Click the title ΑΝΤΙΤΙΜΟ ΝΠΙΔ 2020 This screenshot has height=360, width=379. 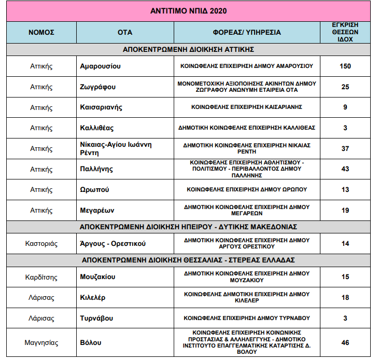point(188,10)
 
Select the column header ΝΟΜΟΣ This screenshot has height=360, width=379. point(41,32)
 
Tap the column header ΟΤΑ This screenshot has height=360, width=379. point(125,32)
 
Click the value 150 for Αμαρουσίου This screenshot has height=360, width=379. point(345,66)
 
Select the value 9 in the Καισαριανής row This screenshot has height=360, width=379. point(345,107)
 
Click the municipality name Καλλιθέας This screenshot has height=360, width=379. point(97,128)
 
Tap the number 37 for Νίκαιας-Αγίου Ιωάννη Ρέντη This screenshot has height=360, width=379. point(345,148)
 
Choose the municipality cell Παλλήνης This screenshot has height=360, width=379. point(96,169)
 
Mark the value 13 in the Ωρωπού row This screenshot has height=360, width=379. point(345,190)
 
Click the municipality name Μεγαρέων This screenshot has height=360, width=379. point(97,211)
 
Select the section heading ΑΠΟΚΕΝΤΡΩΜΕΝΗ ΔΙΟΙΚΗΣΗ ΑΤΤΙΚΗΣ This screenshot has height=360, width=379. point(188,50)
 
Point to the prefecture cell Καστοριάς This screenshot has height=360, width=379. point(41,243)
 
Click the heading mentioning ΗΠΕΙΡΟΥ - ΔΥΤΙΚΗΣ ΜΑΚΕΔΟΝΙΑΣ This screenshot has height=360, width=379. point(188,227)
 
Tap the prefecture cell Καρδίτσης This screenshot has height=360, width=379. point(41,276)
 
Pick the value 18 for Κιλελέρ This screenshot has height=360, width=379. point(345,297)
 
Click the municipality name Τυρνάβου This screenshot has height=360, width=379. point(97,318)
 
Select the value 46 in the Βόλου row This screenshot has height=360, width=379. point(345,343)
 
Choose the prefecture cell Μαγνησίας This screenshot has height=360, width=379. point(41,343)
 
